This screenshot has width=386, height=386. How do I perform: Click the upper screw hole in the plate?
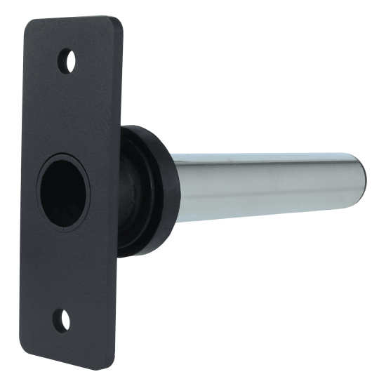[x=66, y=58]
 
